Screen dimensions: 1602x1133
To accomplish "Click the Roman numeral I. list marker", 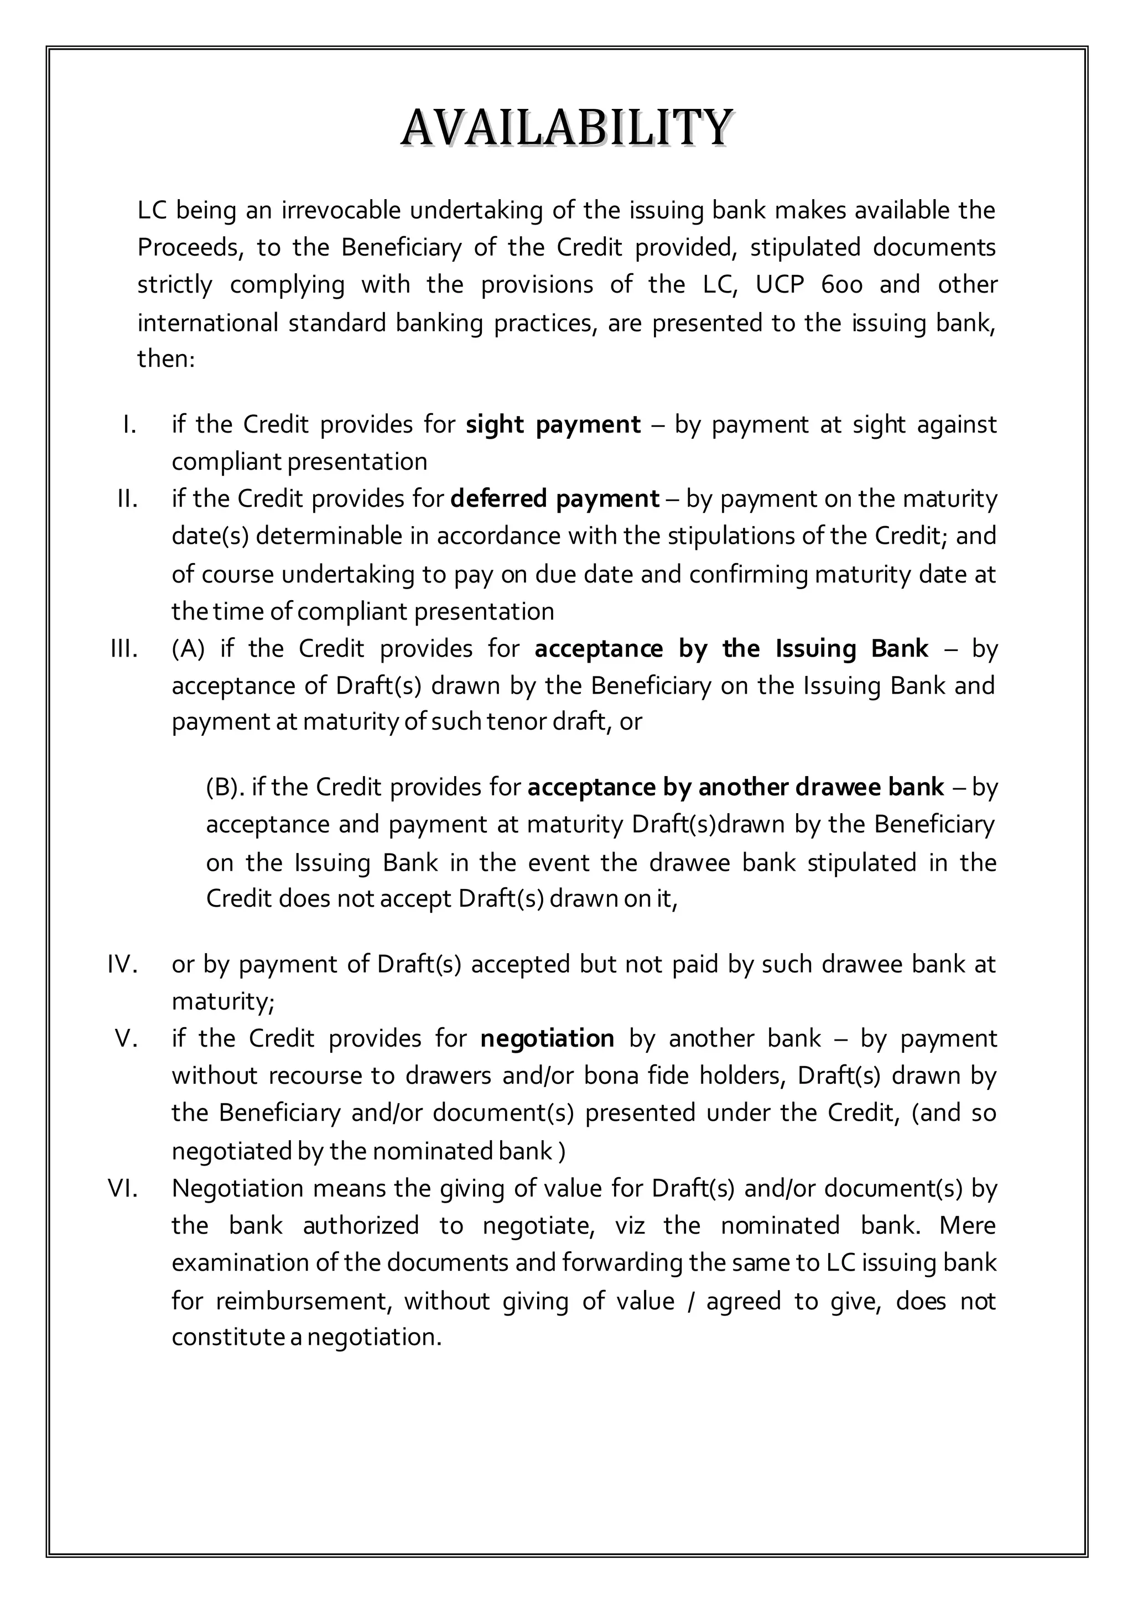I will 129,424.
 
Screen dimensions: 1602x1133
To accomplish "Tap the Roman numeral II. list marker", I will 127,499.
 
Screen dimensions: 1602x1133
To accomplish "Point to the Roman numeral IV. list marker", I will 123,964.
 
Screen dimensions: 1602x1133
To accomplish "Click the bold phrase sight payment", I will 553,424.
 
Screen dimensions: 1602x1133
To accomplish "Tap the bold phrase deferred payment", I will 555,499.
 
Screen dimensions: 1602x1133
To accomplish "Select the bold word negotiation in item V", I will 547,1038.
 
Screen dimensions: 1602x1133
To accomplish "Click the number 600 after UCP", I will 842,285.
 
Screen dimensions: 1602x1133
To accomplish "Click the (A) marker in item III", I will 188,649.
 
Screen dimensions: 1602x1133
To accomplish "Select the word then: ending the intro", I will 165,358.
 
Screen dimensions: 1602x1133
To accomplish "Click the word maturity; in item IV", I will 224,1002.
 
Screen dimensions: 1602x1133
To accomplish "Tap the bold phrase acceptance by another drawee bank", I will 735,787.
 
